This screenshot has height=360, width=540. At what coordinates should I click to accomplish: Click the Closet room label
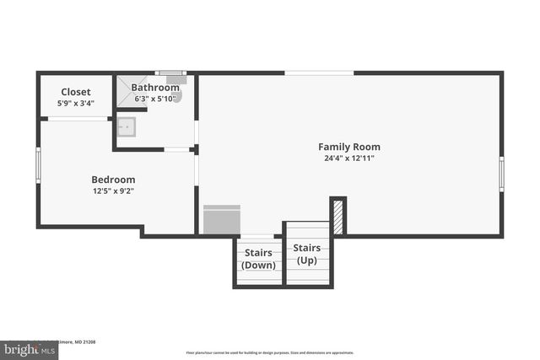tap(76, 92)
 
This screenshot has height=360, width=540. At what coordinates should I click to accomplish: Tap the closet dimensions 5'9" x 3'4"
tap(76, 104)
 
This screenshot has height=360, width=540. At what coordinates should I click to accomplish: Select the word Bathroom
tap(155, 88)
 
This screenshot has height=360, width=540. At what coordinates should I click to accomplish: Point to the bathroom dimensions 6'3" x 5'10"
tap(155, 99)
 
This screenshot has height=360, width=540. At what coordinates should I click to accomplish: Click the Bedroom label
tap(113, 180)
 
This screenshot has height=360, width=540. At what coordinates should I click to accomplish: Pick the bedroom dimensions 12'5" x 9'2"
tap(113, 191)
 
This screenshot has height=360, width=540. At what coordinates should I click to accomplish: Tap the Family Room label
tap(348, 145)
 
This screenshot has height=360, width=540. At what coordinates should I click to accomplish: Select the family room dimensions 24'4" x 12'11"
tap(348, 158)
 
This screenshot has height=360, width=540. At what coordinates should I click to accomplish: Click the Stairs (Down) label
tap(258, 259)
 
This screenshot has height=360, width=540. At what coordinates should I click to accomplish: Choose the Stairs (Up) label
tap(307, 254)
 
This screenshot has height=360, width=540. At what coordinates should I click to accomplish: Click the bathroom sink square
tap(127, 126)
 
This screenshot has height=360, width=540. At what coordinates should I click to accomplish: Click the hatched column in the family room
tap(337, 216)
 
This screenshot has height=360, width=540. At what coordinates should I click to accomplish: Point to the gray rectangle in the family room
tap(222, 220)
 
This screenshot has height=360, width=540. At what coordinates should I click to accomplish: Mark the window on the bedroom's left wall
tap(38, 164)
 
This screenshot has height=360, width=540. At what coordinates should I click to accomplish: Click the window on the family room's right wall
tap(501, 174)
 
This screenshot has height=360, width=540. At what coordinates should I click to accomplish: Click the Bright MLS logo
tap(24, 348)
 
